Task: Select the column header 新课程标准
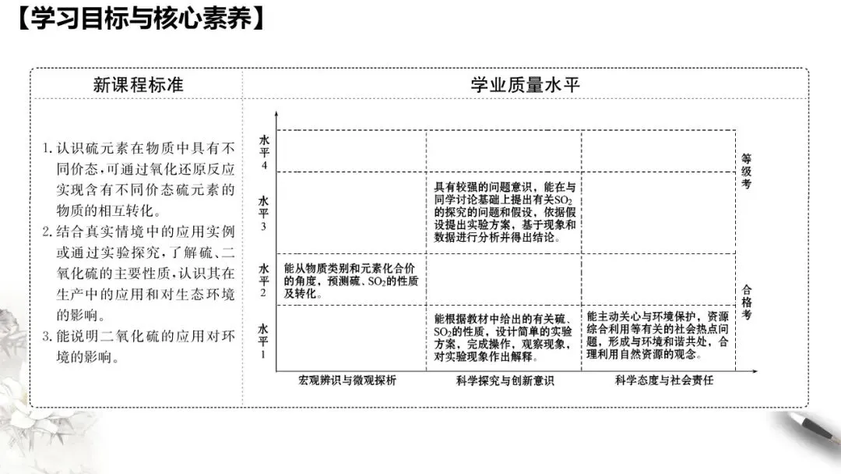click(x=138, y=84)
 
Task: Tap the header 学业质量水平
click(x=525, y=84)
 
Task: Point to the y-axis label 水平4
click(x=264, y=152)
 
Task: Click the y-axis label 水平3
click(x=264, y=213)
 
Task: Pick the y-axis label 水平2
click(x=264, y=279)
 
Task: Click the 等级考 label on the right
click(x=747, y=171)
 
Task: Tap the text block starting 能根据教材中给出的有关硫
click(x=504, y=338)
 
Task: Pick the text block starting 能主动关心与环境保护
click(x=658, y=335)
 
